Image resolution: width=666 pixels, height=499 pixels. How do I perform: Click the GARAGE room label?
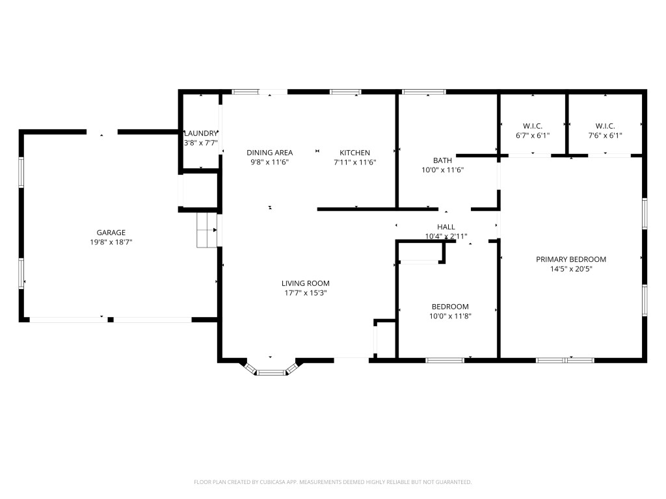click(111, 233)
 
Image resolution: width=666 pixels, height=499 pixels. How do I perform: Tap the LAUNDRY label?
click(200, 133)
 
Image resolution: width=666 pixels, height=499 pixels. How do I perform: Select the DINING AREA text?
click(270, 152)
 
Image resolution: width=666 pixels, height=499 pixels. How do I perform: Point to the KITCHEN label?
click(354, 152)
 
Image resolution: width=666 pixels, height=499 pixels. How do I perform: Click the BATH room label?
click(442, 160)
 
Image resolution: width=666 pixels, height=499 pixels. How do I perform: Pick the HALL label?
click(446, 227)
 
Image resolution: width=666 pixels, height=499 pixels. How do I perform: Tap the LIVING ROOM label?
click(306, 283)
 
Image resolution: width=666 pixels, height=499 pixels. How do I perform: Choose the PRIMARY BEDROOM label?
click(571, 259)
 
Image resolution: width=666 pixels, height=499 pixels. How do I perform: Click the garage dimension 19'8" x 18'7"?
click(111, 242)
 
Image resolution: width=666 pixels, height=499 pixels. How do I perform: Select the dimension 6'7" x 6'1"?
click(533, 136)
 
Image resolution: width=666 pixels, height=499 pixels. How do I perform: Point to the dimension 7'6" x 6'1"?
click(605, 136)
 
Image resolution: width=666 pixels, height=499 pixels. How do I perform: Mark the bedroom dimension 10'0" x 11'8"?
click(450, 316)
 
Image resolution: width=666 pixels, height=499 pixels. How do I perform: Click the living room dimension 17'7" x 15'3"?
click(306, 293)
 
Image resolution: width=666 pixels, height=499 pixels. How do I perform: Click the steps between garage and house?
click(207, 230)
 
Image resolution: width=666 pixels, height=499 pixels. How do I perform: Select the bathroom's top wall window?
click(424, 92)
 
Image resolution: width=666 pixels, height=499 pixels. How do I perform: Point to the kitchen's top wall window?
click(346, 92)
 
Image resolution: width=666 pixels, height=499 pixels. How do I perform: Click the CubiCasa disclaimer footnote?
click(332, 482)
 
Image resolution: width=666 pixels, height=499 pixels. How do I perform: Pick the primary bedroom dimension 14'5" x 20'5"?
click(571, 269)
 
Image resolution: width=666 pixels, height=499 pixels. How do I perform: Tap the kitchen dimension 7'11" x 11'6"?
click(354, 162)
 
